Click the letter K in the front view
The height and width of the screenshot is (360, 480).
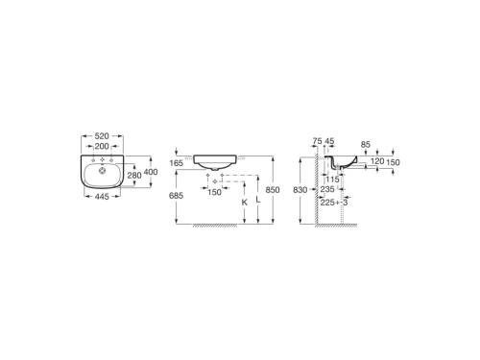244,204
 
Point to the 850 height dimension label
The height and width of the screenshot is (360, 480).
274,189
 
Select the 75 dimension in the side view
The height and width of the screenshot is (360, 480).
318,141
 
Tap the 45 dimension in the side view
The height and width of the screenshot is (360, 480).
329,141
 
